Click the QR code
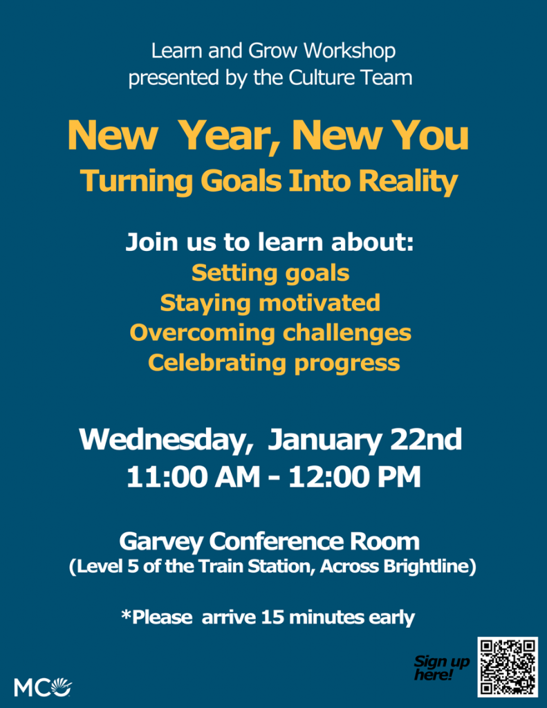508,667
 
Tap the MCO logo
43,687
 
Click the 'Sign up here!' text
442,668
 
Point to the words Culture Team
351,77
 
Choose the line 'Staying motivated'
270,304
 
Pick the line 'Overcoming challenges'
270,333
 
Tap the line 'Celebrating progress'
274,363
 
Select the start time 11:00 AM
194,477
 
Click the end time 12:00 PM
355,477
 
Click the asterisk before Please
126,614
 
